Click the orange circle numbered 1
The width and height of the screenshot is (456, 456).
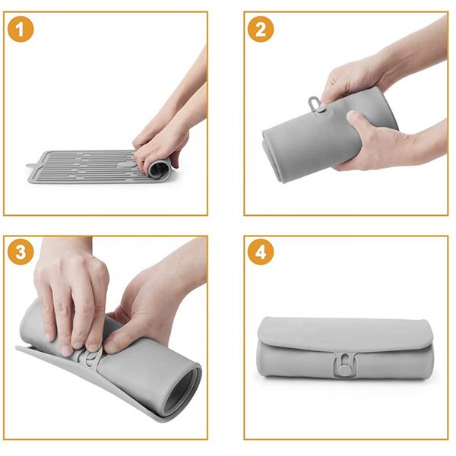pos(21,29)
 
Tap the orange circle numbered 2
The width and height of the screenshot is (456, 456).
pos(261,29)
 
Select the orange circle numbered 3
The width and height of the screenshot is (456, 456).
pos(21,252)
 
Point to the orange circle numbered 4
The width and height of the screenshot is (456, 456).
pos(261,252)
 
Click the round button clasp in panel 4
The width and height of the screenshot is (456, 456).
pos(344,371)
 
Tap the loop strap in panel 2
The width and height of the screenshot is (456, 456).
pos(313,103)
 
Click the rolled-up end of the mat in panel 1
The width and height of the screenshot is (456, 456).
pos(159,171)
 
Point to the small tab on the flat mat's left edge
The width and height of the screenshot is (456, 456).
pos(30,166)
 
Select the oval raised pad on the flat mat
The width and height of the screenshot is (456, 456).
pos(125,165)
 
